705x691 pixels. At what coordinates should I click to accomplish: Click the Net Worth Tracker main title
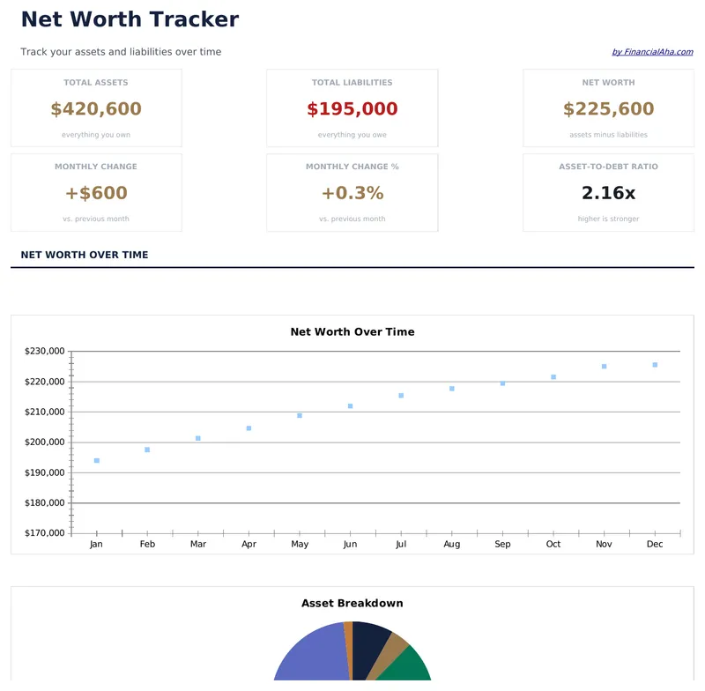pos(130,19)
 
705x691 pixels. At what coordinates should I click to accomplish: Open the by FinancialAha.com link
pos(652,52)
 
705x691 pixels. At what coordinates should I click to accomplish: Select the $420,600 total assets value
pos(96,109)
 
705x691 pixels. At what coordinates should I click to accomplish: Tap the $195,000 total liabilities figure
pos(352,109)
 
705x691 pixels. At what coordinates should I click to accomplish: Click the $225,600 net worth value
pos(608,109)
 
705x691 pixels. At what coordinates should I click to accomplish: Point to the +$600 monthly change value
pos(96,193)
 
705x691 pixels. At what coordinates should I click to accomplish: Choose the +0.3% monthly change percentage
pos(352,193)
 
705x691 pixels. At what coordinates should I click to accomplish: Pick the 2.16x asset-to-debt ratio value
pos(608,193)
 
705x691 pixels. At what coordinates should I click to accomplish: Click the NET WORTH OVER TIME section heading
pos(85,255)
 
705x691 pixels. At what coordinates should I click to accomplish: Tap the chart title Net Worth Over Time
pos(352,332)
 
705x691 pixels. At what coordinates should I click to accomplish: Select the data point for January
pos(97,461)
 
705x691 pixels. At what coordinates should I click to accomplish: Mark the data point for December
pos(655,365)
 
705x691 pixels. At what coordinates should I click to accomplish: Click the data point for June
pos(350,406)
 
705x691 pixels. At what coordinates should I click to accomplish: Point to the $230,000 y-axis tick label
pos(45,352)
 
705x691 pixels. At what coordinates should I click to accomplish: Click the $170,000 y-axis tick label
pos(45,533)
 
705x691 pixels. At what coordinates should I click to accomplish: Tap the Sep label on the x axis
pos(502,545)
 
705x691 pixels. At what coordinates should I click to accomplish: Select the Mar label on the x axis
pos(198,545)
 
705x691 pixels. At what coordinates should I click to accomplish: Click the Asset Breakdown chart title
pos(352,604)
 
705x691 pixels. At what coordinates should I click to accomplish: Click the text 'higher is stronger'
pos(608,219)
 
